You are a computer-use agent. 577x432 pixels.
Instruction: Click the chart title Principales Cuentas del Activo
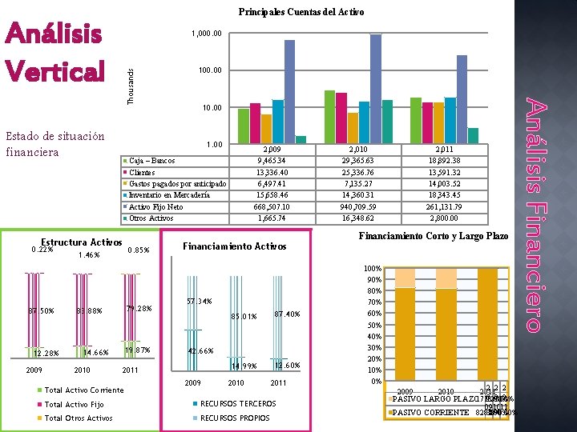coord(301,12)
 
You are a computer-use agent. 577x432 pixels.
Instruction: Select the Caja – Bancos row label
coord(152,161)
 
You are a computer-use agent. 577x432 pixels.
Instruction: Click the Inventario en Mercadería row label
coord(169,194)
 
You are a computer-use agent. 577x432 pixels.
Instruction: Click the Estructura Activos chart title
coord(81,242)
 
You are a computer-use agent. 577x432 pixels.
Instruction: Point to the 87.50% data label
coord(41,310)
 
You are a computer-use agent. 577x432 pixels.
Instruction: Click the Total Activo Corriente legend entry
coord(84,390)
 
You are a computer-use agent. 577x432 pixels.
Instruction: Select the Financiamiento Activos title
coord(235,246)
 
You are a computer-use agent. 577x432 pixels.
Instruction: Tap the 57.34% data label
coord(199,302)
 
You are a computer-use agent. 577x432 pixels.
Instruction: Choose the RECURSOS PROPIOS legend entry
coord(235,418)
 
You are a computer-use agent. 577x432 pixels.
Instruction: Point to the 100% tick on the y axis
coord(372,267)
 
